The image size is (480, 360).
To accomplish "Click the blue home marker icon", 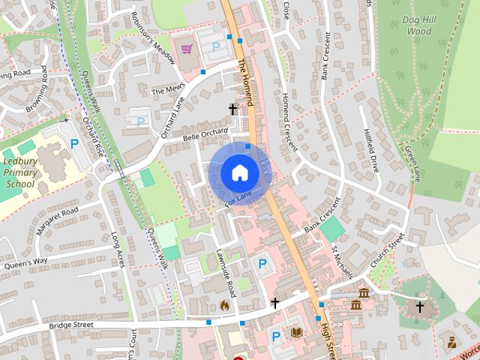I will pyautogui.click(x=238, y=172).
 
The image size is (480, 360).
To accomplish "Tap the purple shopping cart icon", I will pyautogui.click(x=187, y=49).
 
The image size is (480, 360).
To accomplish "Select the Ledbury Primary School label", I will pyautogui.click(x=20, y=172).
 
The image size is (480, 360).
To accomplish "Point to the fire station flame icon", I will pyautogui.click(x=224, y=305).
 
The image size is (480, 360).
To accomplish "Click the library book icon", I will pyautogui.click(x=296, y=332).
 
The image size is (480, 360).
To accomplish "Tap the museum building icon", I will pyautogui.click(x=363, y=292).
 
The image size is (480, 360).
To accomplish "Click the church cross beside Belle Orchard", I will pyautogui.click(x=232, y=109).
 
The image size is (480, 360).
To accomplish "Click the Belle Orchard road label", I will pyautogui.click(x=205, y=134).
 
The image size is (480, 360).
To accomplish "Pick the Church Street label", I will pyautogui.click(x=387, y=250).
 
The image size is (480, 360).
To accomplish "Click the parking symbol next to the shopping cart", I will pyautogui.click(x=216, y=46).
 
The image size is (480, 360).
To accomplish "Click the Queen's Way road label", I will pyautogui.click(x=26, y=263).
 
